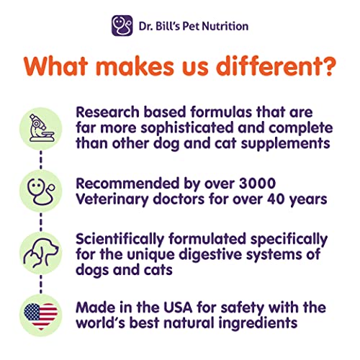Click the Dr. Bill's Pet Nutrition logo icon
tap(122, 26)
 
